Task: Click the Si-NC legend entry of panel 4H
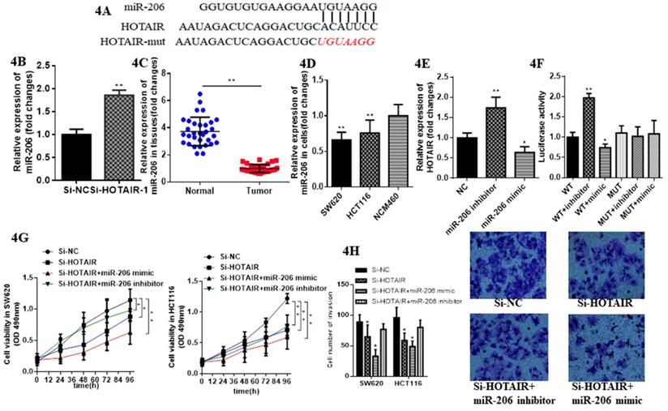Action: click(387, 268)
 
